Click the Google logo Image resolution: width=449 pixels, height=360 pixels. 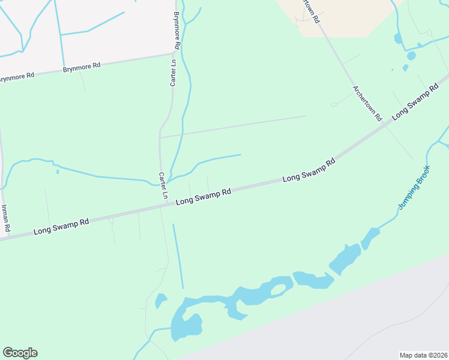tap(20, 353)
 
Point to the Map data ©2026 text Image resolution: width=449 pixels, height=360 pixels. tap(423, 355)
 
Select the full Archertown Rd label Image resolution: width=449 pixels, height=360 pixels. tap(367, 104)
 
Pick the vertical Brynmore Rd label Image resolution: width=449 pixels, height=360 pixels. tap(176, 30)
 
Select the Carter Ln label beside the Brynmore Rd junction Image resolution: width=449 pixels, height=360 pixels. tap(173, 72)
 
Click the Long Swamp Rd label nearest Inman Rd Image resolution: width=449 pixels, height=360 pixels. tap(61, 226)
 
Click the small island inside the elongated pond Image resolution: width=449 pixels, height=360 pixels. tap(278, 289)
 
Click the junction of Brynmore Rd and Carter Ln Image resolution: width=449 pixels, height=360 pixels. tap(173, 54)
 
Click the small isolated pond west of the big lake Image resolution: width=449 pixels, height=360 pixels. tap(161, 300)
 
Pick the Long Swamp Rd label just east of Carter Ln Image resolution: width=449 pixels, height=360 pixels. tap(203, 197)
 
